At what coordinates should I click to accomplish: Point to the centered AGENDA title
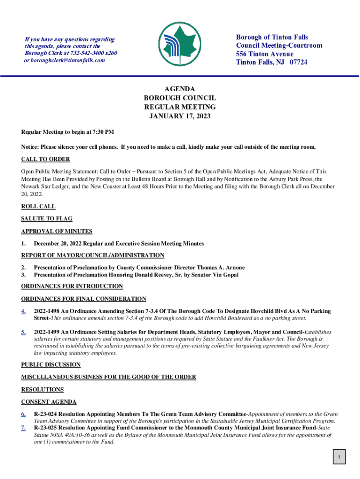pos(180,89)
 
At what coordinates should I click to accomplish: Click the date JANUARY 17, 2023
pos(180,116)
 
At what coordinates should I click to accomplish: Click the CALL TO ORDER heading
pos(45,159)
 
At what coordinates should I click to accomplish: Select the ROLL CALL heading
pos(38,206)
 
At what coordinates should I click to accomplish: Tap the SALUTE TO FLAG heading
pos(47,218)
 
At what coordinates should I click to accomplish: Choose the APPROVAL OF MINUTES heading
pos(57,231)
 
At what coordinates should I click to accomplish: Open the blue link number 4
pos(23,312)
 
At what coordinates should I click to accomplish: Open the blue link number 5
pos(23,333)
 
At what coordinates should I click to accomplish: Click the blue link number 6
pos(23,414)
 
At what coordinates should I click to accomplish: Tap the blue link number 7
pos(23,428)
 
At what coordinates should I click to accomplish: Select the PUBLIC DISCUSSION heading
pos(51,365)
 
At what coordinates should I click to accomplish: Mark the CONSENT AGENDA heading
pos(49,402)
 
